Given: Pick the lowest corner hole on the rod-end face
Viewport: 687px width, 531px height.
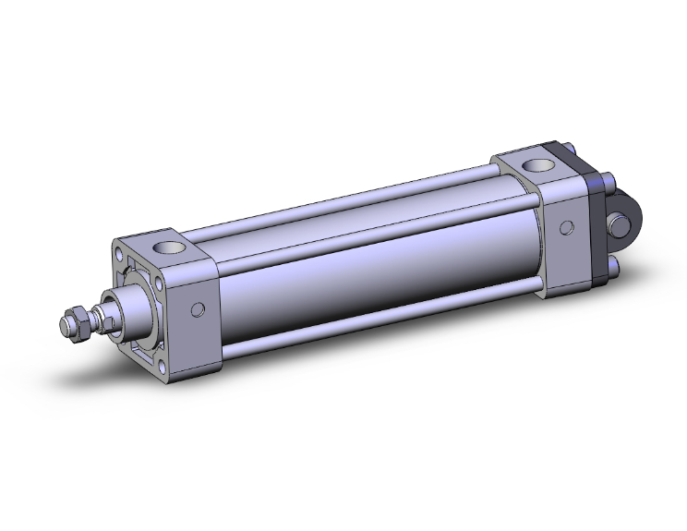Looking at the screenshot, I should (163, 365).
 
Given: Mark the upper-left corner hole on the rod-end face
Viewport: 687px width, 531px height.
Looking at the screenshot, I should (120, 252).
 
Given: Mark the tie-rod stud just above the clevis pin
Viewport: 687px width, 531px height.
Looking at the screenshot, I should (611, 181).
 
